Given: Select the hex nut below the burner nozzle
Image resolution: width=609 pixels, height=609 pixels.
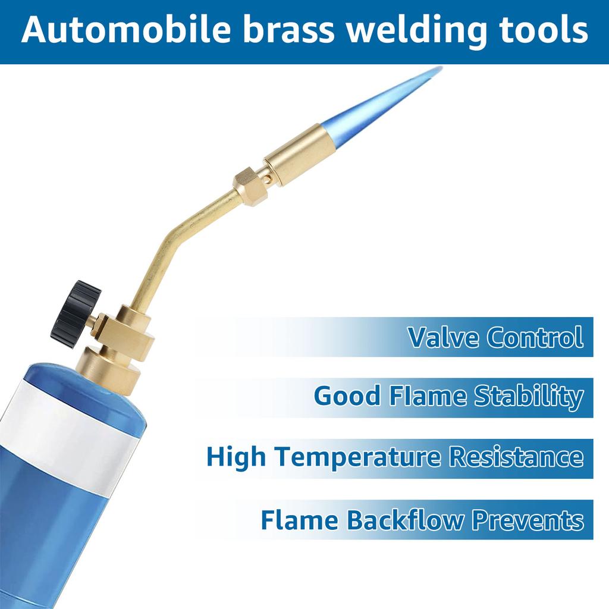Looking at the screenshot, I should click(x=248, y=184).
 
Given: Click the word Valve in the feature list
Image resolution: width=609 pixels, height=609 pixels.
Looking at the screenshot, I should click(x=443, y=337).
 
